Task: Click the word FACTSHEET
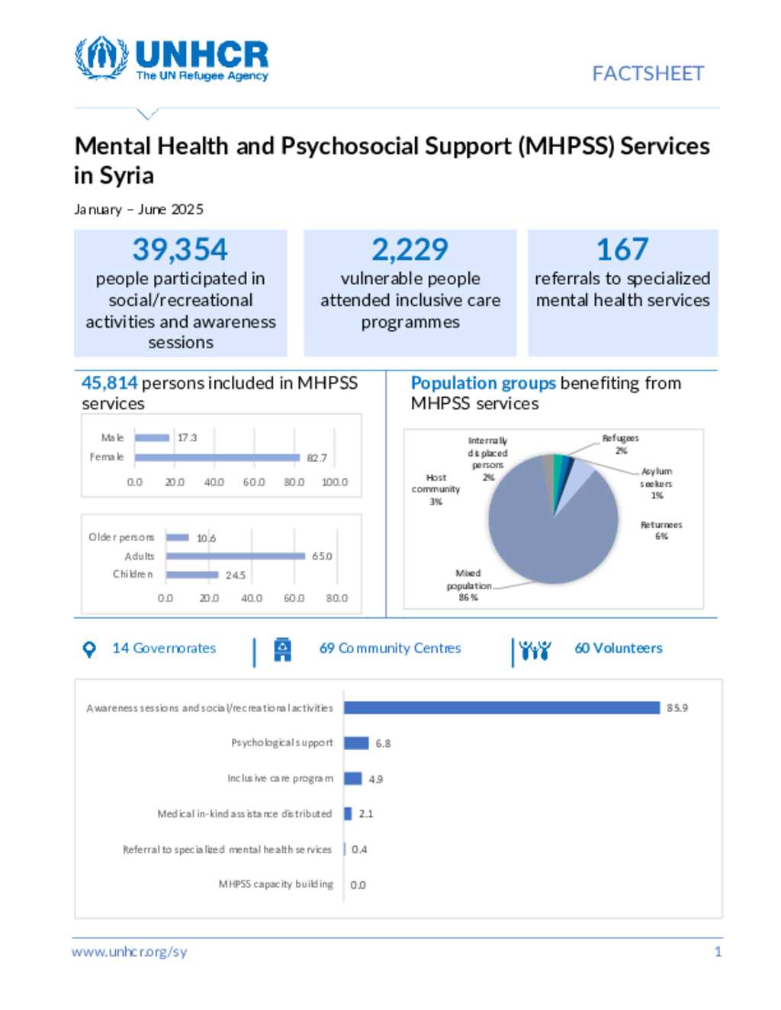(x=648, y=74)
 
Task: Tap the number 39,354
(x=180, y=249)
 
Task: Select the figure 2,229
(x=410, y=249)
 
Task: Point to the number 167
(x=622, y=249)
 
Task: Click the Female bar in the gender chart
(x=217, y=457)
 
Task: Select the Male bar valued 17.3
(x=152, y=438)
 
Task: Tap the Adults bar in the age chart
(x=235, y=556)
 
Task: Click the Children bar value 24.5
(x=235, y=575)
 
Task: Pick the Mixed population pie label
(x=468, y=585)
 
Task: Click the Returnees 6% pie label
(x=661, y=531)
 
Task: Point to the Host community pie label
(x=435, y=489)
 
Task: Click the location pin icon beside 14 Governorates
(x=89, y=649)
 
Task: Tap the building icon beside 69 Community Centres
(x=282, y=649)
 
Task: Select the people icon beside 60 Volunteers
(x=535, y=650)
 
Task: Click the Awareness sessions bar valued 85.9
(x=501, y=707)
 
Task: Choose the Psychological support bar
(x=356, y=743)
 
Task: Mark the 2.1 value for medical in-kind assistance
(x=366, y=814)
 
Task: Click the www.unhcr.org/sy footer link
(x=129, y=951)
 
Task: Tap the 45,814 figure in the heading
(x=109, y=383)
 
